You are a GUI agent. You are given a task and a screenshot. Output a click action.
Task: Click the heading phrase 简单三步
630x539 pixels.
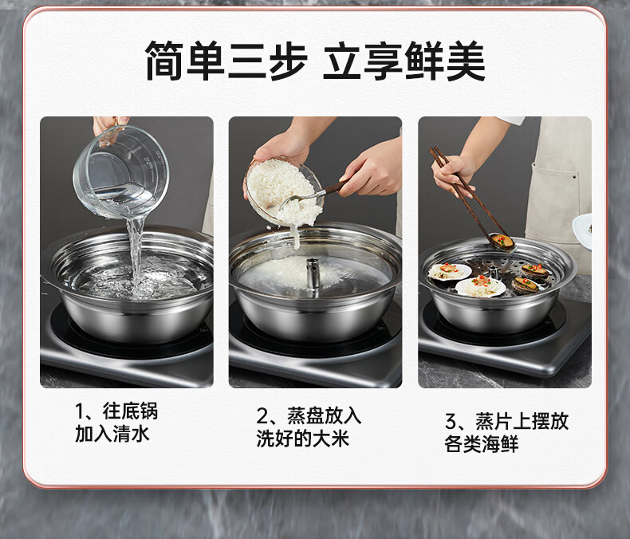(226, 61)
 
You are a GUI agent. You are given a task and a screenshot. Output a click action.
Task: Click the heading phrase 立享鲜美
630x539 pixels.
(404, 61)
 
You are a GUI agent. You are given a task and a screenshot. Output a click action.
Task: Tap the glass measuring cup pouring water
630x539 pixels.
(120, 171)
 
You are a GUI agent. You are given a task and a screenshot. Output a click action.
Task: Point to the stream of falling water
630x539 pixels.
(136, 253)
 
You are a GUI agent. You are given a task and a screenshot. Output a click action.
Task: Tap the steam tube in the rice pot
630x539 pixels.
(313, 273)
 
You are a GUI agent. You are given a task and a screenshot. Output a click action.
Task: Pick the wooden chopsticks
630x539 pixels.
(466, 193)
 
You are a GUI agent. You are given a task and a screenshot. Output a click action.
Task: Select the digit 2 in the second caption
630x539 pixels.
(262, 416)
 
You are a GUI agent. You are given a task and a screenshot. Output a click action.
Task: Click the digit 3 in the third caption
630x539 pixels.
(451, 422)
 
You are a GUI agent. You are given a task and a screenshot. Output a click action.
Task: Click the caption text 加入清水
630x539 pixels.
(112, 434)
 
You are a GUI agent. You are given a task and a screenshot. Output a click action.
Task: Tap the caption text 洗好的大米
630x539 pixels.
(303, 439)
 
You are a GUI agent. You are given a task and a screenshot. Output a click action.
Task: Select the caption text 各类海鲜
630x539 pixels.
(482, 444)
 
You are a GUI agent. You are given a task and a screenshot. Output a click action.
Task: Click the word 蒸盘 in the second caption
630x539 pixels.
(305, 416)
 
